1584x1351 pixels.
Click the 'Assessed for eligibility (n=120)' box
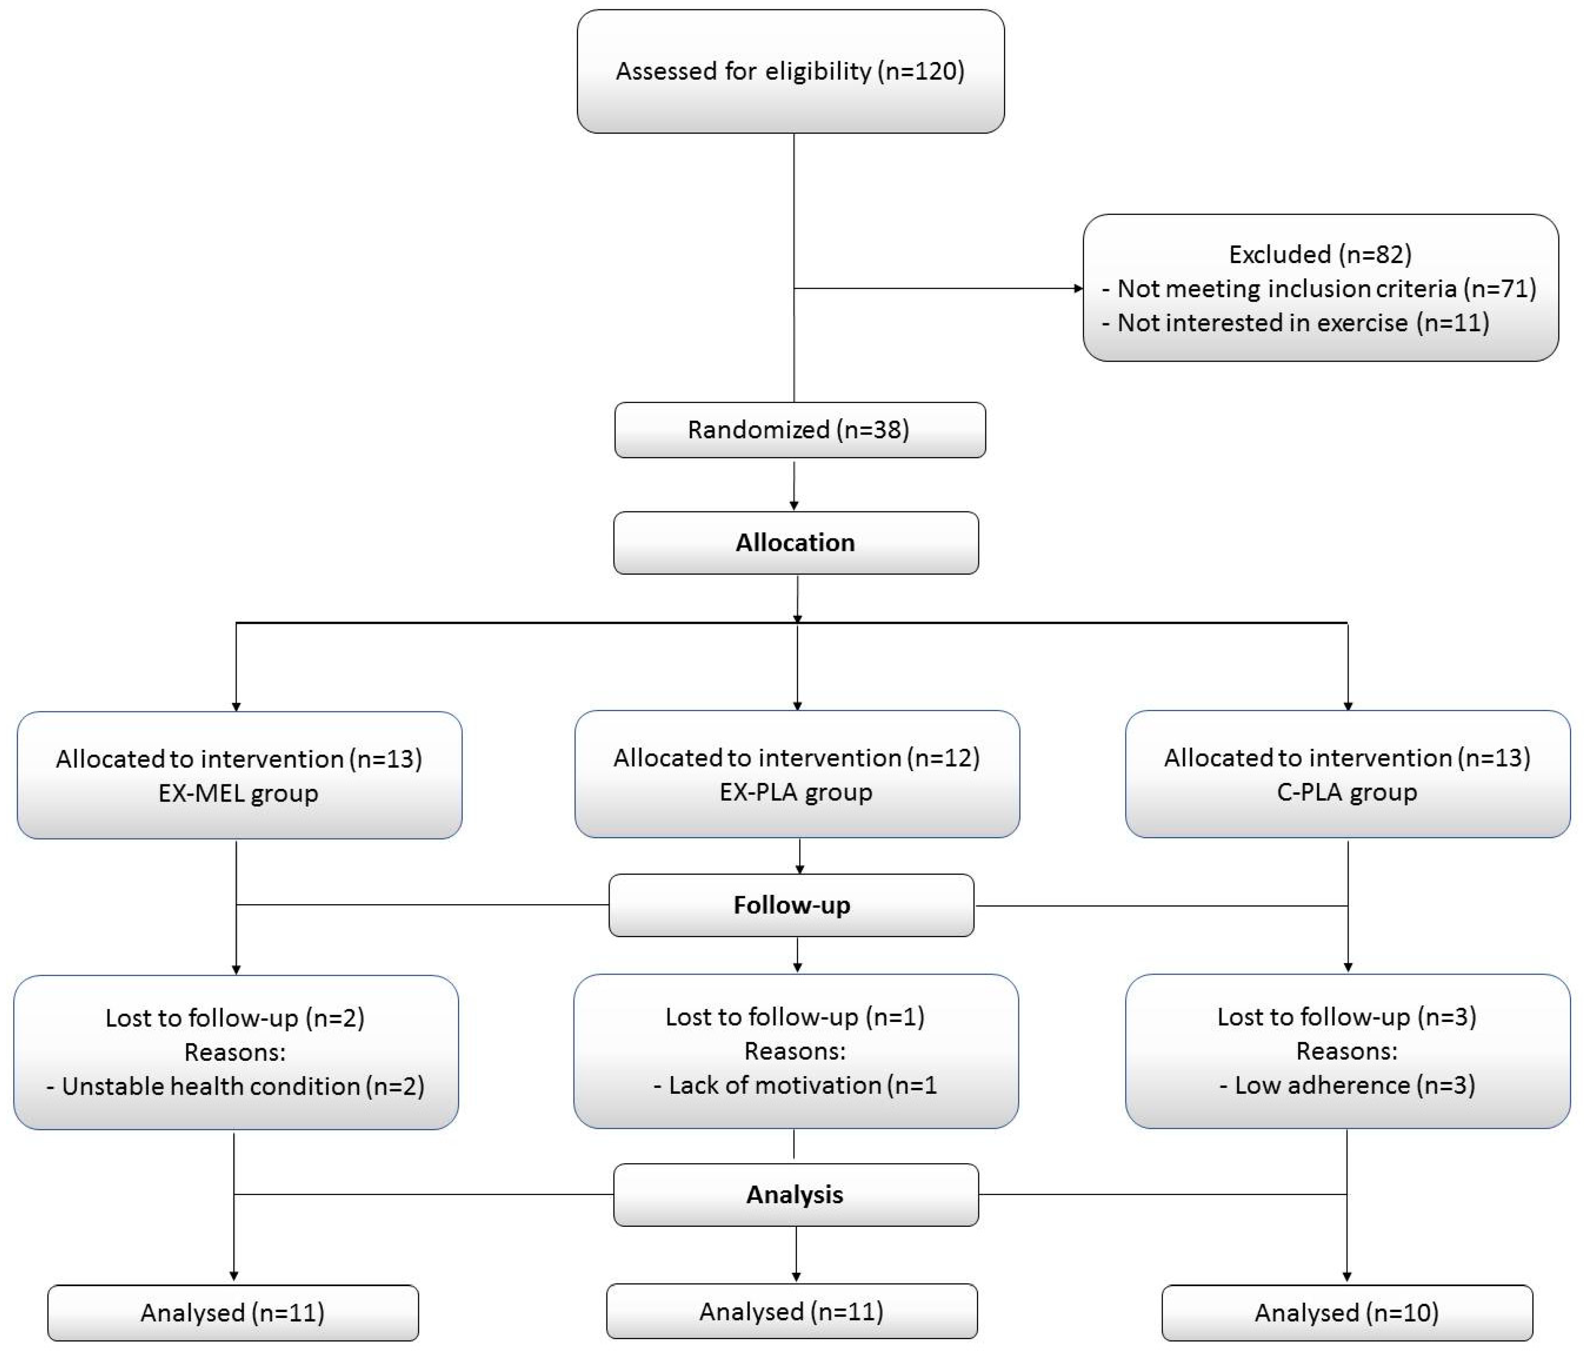(x=790, y=71)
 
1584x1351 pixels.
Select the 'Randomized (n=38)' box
(x=799, y=430)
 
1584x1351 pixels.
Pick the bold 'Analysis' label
(x=795, y=1194)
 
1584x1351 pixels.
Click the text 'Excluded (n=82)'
(x=1319, y=254)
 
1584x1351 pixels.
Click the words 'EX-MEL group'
(x=238, y=793)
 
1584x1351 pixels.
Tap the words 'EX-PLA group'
(x=796, y=792)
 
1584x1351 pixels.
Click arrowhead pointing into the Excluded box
(x=1078, y=288)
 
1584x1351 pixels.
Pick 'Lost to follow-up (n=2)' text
(x=235, y=1017)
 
